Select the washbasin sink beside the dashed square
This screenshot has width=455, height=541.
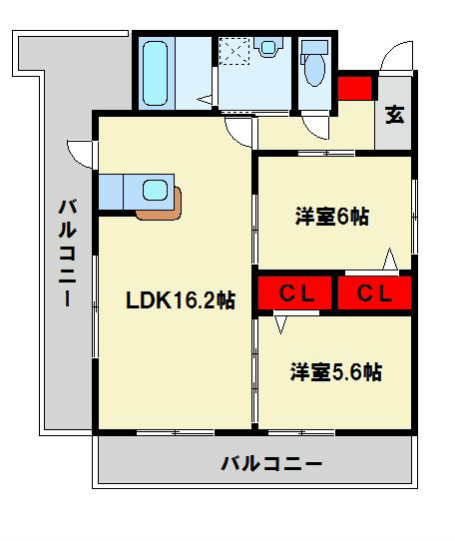pyautogui.click(x=268, y=48)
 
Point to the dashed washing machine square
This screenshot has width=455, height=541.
pyautogui.click(x=237, y=51)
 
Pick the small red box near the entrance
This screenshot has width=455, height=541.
pyautogui.click(x=354, y=88)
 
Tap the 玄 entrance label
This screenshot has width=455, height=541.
pyautogui.click(x=395, y=115)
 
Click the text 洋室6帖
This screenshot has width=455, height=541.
pyautogui.click(x=331, y=216)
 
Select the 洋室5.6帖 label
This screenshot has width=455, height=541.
pyautogui.click(x=336, y=372)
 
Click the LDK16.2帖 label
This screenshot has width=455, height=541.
pyautogui.click(x=180, y=299)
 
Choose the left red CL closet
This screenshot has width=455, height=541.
pyautogui.click(x=295, y=293)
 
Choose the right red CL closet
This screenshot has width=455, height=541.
pyautogui.click(x=375, y=293)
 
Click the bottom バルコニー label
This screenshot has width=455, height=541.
pyautogui.click(x=271, y=463)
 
